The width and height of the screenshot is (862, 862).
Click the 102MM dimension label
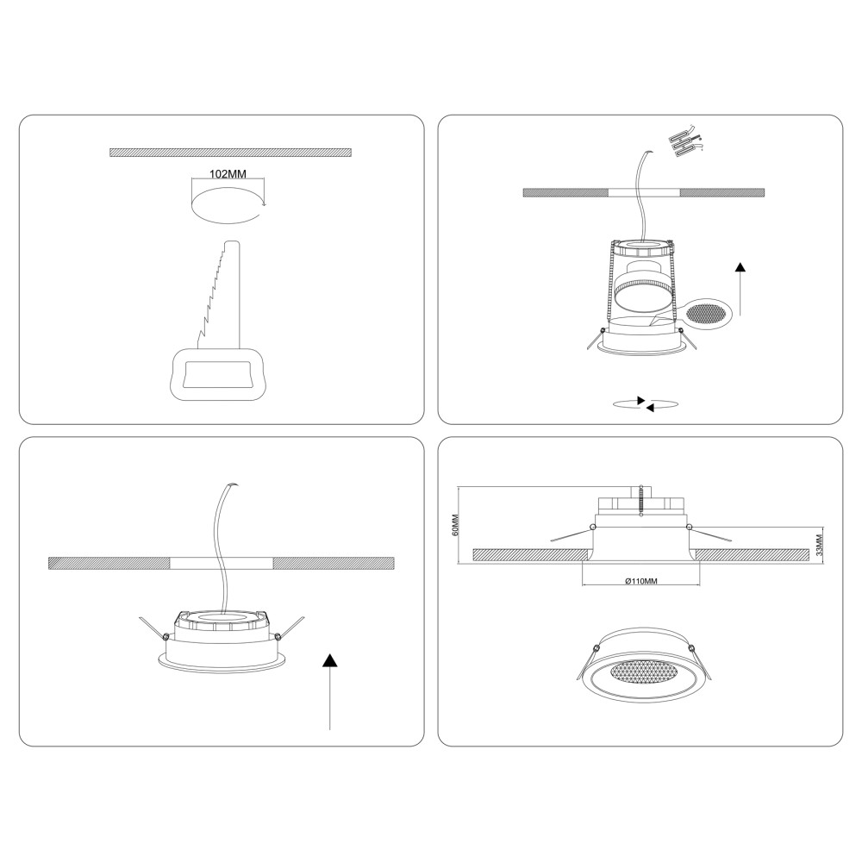[x=228, y=174]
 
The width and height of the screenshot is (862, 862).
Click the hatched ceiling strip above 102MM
[x=230, y=153]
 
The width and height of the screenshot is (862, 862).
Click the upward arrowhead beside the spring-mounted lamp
[x=740, y=267]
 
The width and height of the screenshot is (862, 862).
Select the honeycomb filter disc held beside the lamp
[x=708, y=314]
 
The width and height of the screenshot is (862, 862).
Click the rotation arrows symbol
[x=645, y=404]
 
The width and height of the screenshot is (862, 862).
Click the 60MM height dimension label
[x=454, y=525]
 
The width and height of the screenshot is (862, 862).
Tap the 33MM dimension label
[x=819, y=545]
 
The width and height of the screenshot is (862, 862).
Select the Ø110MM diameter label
[x=641, y=580]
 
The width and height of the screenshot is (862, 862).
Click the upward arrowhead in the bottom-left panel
[x=329, y=659]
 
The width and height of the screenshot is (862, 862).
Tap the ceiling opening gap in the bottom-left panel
[x=221, y=563]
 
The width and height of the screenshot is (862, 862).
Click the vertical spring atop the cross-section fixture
[x=641, y=501]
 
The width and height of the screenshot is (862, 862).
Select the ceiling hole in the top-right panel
[x=644, y=193]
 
